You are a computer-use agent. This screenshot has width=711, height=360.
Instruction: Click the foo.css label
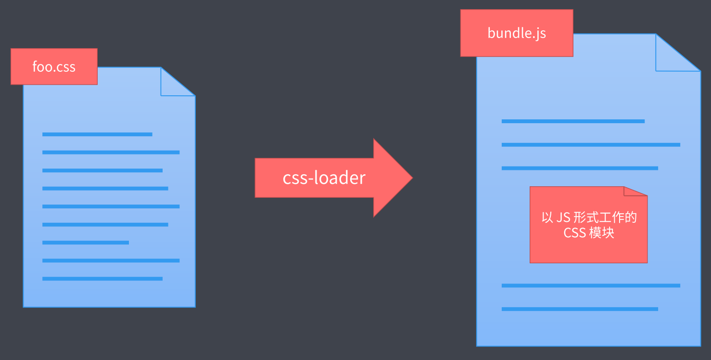tap(54, 66)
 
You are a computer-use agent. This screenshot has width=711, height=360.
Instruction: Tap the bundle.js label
tap(517, 33)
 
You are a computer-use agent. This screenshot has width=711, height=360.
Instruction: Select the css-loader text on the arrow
tap(324, 178)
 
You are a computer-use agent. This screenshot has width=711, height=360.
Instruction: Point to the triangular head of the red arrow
tap(392, 178)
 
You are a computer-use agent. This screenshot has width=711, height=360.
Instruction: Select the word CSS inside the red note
tap(574, 233)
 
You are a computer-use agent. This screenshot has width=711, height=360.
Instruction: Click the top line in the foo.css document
tap(97, 134)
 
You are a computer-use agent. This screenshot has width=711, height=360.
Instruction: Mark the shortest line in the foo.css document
tap(86, 243)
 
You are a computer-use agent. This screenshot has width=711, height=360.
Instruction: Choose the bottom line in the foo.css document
tap(102, 279)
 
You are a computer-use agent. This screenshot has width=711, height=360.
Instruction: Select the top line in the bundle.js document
tap(573, 121)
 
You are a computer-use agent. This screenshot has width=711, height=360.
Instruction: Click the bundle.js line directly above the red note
tap(580, 168)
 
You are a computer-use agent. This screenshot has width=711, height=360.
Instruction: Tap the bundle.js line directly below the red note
tap(591, 285)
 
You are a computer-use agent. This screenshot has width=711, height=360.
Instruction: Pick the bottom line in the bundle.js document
tap(580, 309)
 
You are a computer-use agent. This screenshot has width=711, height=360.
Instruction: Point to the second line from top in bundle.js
tap(591, 144)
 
